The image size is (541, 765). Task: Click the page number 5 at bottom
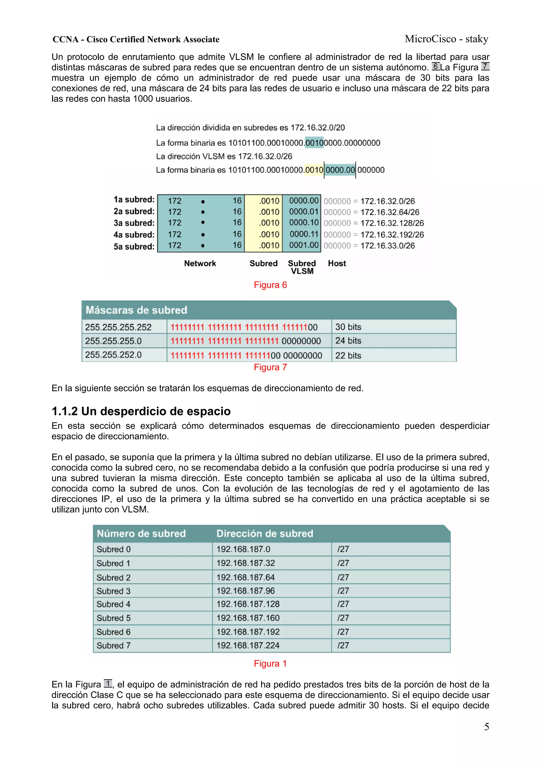486,727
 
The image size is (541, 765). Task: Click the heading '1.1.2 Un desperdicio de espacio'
141,411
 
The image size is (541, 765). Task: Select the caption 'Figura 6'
270,285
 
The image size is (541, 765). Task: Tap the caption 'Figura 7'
270,367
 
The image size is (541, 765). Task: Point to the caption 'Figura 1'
270,663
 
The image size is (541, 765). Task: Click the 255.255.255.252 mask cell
118,327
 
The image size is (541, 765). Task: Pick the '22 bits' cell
348,355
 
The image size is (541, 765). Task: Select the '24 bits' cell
348,341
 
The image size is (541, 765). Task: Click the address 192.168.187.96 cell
246,591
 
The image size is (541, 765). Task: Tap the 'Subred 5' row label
113,618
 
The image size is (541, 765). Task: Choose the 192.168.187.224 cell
248,645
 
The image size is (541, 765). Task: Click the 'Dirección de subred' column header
265,533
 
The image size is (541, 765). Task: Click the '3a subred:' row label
134,223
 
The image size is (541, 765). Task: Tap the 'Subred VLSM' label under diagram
302,267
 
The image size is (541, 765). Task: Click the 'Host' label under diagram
337,264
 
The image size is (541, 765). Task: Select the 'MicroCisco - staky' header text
446,39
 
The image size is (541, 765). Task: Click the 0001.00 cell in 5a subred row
304,245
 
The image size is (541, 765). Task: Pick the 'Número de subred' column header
141,533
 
